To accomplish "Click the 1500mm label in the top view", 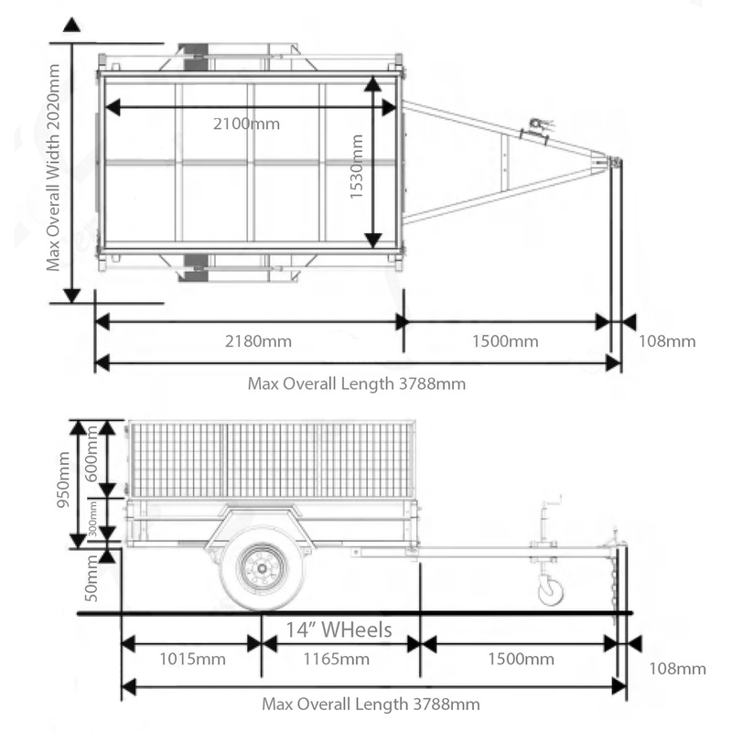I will (x=505, y=341).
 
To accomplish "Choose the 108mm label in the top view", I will (x=666, y=341).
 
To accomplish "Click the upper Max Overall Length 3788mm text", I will (x=357, y=383).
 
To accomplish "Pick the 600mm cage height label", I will (x=91, y=457).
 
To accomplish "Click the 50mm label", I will (x=91, y=578).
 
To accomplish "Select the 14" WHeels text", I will (x=339, y=630).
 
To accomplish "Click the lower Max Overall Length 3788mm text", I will (x=370, y=704).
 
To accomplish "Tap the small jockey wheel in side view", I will (x=551, y=591).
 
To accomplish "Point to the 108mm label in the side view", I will (x=677, y=668).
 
